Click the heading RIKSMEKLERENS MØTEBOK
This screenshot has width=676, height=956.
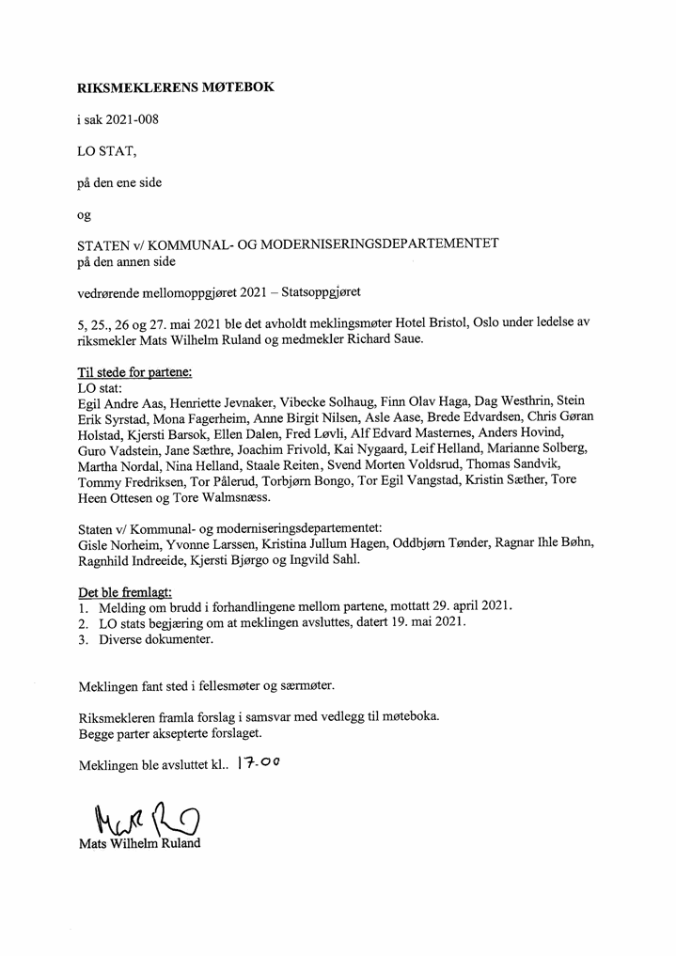[x=177, y=87]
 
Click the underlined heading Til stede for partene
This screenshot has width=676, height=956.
[x=134, y=371]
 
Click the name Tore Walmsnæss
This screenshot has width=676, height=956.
[x=226, y=497]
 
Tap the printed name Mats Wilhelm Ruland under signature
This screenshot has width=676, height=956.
[x=139, y=843]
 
